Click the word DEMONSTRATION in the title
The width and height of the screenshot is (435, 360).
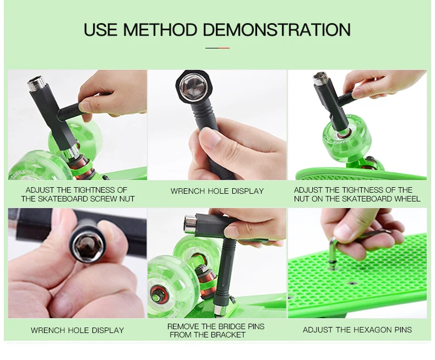277,29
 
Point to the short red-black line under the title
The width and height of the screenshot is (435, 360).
217,48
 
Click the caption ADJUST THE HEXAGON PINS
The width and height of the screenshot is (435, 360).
357,330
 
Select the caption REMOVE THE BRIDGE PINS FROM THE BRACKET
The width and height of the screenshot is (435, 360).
215,330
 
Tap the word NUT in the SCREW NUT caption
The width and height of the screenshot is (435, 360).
127,199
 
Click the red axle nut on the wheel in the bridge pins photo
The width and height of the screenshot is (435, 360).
156,294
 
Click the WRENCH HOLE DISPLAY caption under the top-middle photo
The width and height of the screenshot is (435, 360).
217,191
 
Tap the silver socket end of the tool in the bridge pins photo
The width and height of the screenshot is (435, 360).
191,224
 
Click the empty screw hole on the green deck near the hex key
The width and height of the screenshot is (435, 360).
352,283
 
